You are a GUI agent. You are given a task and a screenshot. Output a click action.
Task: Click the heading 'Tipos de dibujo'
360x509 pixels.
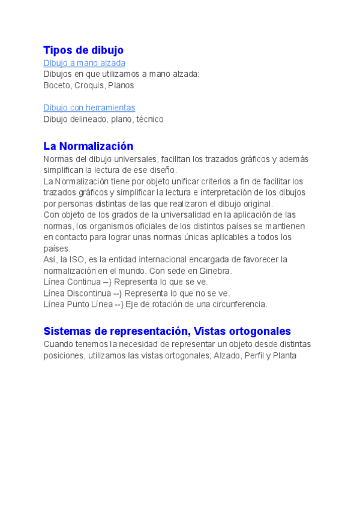pos(83,50)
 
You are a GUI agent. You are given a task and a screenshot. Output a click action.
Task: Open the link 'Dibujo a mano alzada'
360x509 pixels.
pos(84,63)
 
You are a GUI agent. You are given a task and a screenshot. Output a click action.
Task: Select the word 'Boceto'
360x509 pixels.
pos(56,85)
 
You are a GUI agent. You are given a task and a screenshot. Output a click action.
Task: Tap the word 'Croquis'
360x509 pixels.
pos(89,85)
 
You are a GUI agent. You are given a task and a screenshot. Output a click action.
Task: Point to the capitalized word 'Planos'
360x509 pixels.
pos(121,85)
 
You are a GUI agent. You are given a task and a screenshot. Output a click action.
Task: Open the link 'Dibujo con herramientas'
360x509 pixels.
pos(89,108)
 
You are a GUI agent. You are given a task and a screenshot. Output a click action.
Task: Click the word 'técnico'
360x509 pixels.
pos(150,119)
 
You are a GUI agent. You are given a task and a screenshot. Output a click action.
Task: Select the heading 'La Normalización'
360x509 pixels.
pos(88,146)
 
